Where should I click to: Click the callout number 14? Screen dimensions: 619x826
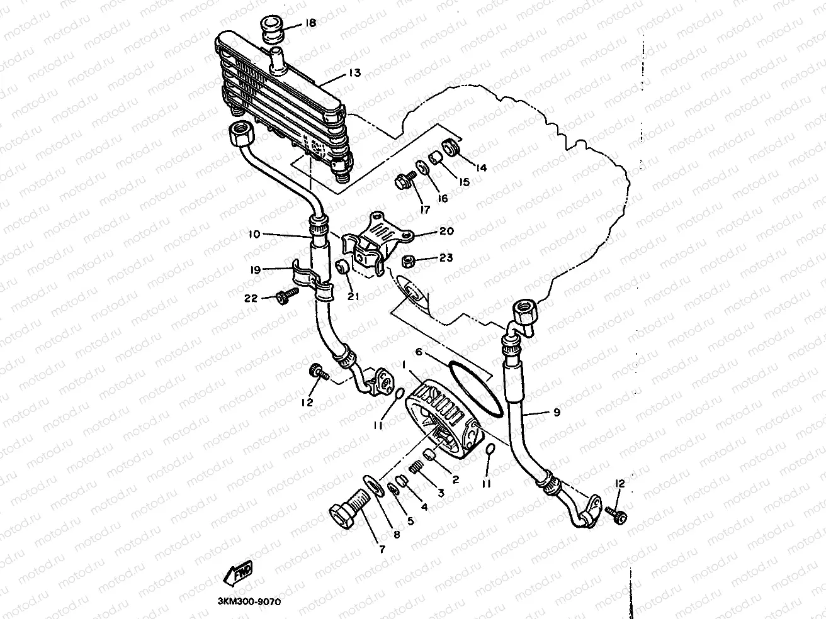coord(481,168)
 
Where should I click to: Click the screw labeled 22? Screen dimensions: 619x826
coord(286,296)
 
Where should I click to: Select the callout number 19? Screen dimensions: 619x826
coord(254,270)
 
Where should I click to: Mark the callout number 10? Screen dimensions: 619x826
coord(254,234)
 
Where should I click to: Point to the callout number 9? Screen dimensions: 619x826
coord(556,413)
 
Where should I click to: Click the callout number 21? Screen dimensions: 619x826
coord(353,296)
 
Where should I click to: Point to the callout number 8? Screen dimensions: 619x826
coord(397,535)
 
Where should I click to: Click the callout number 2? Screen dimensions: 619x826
coord(455,479)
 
